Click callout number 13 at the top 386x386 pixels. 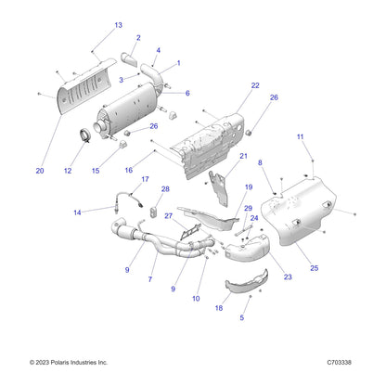click(118, 25)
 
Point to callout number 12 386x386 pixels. click(66, 171)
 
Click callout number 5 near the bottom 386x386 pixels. click(243, 317)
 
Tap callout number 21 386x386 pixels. click(244, 157)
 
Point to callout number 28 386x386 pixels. click(166, 189)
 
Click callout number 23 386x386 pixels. click(288, 276)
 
